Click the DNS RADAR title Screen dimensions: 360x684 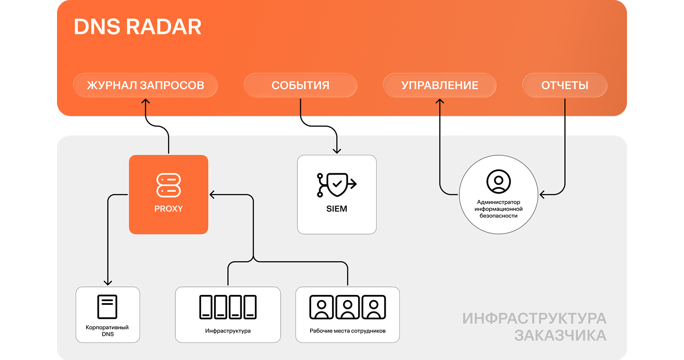pyautogui.click(x=138, y=28)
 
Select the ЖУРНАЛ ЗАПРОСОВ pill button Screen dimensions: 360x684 pyautogui.click(x=145, y=85)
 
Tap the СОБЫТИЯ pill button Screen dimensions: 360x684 pyautogui.click(x=300, y=85)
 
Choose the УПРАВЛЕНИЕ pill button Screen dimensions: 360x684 pyautogui.click(x=439, y=85)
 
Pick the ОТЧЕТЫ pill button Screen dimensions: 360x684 pyautogui.click(x=565, y=85)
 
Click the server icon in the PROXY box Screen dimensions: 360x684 pyautogui.click(x=169, y=185)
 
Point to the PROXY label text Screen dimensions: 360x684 pyautogui.click(x=169, y=208)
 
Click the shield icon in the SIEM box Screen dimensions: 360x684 pyautogui.click(x=336, y=185)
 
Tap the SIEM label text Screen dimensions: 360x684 pyautogui.click(x=337, y=208)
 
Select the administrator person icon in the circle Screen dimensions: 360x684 pyautogui.click(x=498, y=181)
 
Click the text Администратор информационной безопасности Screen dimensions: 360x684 pyautogui.click(x=498, y=209)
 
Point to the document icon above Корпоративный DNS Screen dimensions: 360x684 pyautogui.click(x=107, y=307)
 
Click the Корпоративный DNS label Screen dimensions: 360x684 pyautogui.click(x=107, y=331)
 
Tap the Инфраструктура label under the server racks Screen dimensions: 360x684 pyautogui.click(x=228, y=331)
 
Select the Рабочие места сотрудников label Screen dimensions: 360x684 pyautogui.click(x=348, y=331)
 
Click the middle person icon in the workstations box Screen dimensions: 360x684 pyautogui.click(x=348, y=307)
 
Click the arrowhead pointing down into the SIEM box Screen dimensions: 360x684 pyautogui.click(x=337, y=151)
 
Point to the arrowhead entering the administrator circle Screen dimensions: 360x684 pyautogui.click(x=542, y=194)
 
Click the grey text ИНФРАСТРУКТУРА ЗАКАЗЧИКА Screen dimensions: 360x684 pyautogui.click(x=534, y=327)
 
